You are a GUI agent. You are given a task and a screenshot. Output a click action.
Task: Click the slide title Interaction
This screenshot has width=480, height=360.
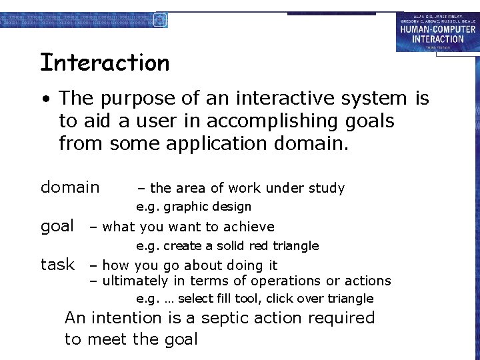point(105,63)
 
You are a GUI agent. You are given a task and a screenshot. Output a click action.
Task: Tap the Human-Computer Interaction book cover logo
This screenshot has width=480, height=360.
point(437,31)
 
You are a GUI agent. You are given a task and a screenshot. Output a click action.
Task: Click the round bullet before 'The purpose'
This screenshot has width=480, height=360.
point(45,99)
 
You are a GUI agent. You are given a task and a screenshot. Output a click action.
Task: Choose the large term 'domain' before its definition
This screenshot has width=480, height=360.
point(70,187)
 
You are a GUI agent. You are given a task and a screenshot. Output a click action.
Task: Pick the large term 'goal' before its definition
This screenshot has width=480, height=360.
point(57,226)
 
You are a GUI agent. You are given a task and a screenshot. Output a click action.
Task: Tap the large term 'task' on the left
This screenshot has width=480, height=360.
point(57,264)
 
